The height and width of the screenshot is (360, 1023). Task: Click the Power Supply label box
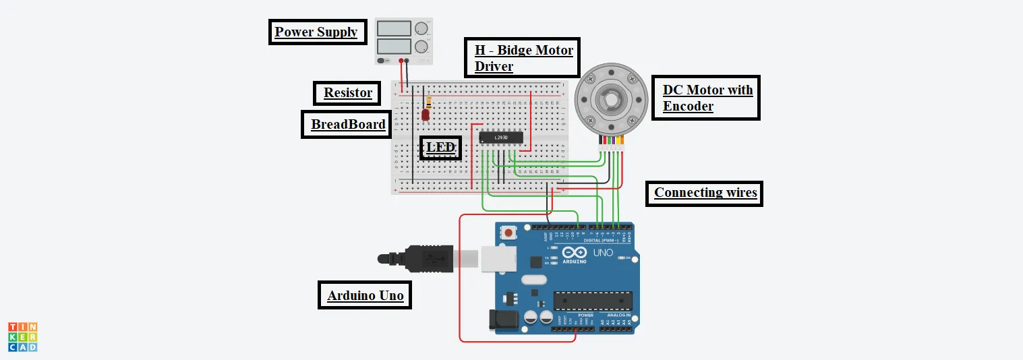[316, 32]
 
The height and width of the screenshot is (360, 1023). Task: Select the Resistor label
[347, 93]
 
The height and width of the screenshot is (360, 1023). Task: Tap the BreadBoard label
[348, 125]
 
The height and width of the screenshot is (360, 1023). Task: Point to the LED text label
[441, 148]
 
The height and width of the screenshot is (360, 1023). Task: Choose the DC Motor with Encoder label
[707, 98]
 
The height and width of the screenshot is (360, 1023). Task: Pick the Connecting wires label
[705, 193]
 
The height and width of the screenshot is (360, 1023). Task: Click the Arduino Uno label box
[365, 295]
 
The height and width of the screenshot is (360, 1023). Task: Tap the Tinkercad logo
[23, 336]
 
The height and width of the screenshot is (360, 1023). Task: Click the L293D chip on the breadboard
[501, 137]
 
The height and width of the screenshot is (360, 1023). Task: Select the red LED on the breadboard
[426, 115]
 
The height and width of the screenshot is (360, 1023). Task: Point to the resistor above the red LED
[429, 102]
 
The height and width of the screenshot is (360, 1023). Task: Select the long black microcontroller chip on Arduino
[593, 301]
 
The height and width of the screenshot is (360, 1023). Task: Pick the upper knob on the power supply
[422, 28]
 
